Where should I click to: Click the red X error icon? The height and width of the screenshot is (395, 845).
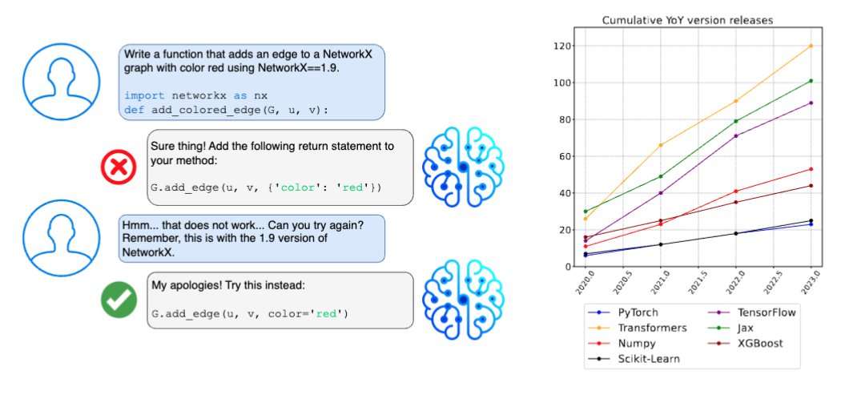point(119,170)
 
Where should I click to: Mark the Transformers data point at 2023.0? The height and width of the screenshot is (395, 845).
point(811,46)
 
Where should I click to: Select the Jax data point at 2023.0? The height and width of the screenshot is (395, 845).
point(811,81)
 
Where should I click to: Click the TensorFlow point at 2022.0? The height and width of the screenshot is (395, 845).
point(735,136)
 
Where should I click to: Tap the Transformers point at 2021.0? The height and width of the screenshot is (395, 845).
point(660,145)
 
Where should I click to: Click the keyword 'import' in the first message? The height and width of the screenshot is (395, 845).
point(142,95)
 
